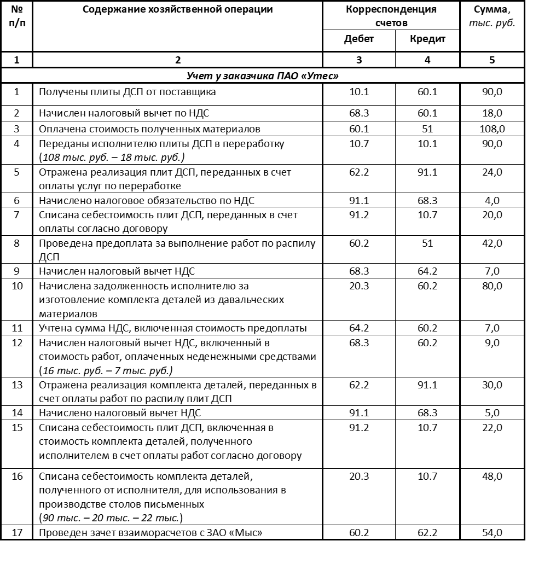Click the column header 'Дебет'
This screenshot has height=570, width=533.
click(358, 39)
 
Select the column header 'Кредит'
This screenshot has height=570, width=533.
click(427, 39)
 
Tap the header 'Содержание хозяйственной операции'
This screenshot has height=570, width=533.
click(177, 9)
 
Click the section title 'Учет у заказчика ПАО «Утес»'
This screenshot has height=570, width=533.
click(262, 75)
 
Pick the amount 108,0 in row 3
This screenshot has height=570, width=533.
click(492, 129)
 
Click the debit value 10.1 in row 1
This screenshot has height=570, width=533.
click(359, 92)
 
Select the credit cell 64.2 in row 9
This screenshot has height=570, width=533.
click(427, 271)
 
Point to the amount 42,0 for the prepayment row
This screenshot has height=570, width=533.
click(492, 242)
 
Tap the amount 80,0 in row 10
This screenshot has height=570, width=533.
click(492, 286)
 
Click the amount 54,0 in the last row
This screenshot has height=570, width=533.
click(492, 531)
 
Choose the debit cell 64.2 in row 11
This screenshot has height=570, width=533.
click(359, 328)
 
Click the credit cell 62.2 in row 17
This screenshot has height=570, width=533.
click(427, 531)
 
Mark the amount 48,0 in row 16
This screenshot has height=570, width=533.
click(492, 476)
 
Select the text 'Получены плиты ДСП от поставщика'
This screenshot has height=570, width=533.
click(127, 92)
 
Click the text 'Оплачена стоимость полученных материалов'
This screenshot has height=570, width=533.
click(149, 129)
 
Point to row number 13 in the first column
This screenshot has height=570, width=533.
click(17, 385)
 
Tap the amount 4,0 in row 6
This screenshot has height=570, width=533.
click(492, 201)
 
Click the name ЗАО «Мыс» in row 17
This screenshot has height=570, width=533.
click(241, 531)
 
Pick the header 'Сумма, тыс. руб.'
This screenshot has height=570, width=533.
click(492, 16)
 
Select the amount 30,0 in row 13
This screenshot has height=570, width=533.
click(492, 385)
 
